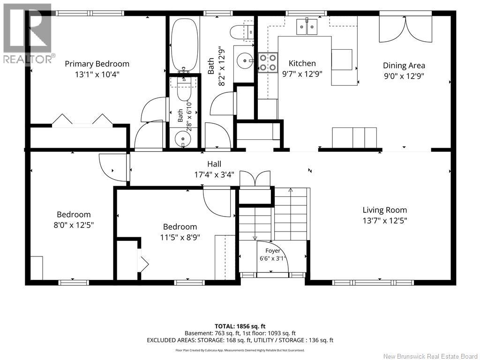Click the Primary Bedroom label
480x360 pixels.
(97, 64)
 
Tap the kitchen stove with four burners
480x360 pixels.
(268, 63)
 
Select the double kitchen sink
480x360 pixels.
(307, 27)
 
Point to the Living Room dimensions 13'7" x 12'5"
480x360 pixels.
(385, 220)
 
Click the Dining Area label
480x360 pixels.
(404, 66)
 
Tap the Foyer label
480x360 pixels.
(272, 251)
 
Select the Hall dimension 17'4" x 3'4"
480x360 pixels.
(214, 174)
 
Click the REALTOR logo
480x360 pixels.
(28, 34)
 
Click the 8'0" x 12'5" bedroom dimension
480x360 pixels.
(74, 225)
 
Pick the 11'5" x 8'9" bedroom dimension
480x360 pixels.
(180, 237)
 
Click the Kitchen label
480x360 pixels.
(302, 63)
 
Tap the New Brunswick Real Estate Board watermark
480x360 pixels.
(430, 356)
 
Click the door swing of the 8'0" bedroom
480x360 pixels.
(112, 167)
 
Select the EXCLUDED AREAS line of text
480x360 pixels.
(240, 340)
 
